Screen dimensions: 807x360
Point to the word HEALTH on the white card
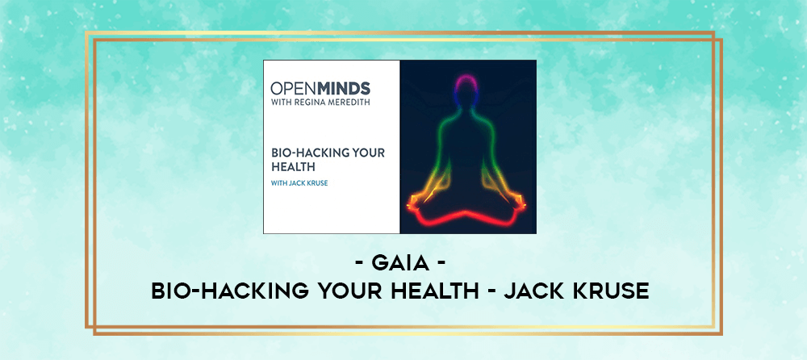[294, 167]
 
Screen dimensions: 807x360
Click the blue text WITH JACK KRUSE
[299, 183]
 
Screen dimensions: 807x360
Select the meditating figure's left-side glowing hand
[416, 203]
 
